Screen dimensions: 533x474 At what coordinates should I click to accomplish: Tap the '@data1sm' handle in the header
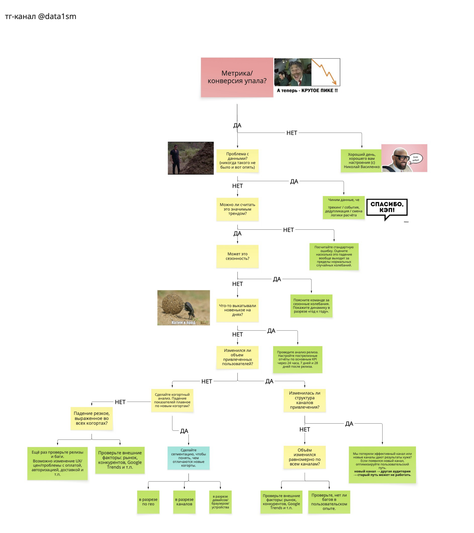coord(57,16)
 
